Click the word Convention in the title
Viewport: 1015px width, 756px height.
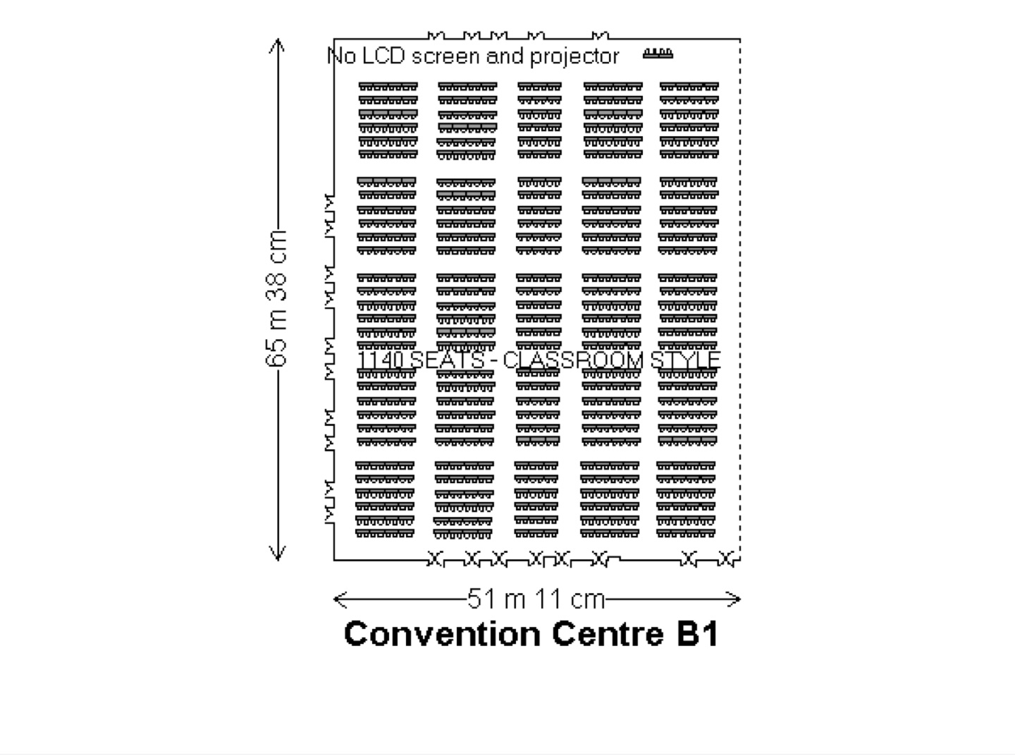tap(442, 634)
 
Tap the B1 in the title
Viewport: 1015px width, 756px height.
tap(697, 634)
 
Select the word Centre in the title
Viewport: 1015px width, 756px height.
tap(608, 634)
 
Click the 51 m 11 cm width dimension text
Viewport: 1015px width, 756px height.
tap(536, 599)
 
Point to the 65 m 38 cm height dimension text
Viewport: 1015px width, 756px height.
tap(276, 298)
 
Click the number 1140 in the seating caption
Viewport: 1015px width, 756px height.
tap(381, 360)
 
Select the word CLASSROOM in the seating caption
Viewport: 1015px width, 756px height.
tap(573, 360)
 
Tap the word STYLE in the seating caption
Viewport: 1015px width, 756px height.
tap(686, 360)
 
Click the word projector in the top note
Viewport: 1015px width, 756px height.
tap(574, 57)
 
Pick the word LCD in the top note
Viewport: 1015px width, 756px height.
tap(383, 56)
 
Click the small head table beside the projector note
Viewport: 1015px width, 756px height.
tap(658, 54)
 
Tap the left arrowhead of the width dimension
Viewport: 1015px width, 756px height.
tap(340, 599)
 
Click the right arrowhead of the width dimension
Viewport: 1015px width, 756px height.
tap(734, 599)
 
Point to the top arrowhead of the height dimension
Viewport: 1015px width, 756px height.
tap(277, 44)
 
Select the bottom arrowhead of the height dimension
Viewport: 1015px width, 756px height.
tap(277, 554)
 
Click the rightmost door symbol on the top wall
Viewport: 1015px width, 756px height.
tap(601, 36)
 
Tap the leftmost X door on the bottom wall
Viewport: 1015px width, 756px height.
tap(435, 559)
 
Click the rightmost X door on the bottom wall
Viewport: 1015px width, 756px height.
tap(725, 559)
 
